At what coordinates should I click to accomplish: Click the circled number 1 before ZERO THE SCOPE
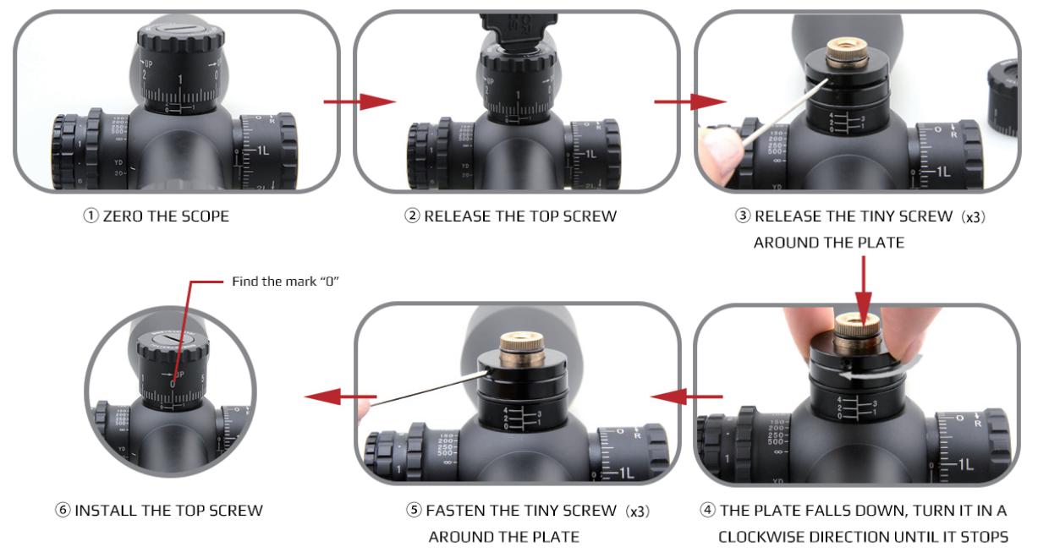tap(91, 216)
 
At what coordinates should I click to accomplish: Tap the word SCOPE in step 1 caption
tap(206, 216)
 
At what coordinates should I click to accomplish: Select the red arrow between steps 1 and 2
tap(360, 101)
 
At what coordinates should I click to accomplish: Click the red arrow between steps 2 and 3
tap(690, 101)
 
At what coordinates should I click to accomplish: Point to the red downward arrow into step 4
tap(863, 292)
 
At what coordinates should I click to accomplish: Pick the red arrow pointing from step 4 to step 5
tap(686, 397)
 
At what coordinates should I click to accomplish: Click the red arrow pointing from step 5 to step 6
tap(341, 397)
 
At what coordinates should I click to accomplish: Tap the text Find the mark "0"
tap(285, 281)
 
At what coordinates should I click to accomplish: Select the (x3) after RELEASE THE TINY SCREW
tap(973, 216)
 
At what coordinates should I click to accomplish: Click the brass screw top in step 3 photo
tap(848, 53)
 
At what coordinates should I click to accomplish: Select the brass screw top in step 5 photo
tap(523, 350)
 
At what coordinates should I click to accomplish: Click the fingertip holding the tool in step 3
tap(722, 153)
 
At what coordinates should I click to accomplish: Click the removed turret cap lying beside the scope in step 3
tap(1004, 97)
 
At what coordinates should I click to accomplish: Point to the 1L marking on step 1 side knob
tap(262, 151)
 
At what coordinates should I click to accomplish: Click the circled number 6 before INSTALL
tap(63, 511)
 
